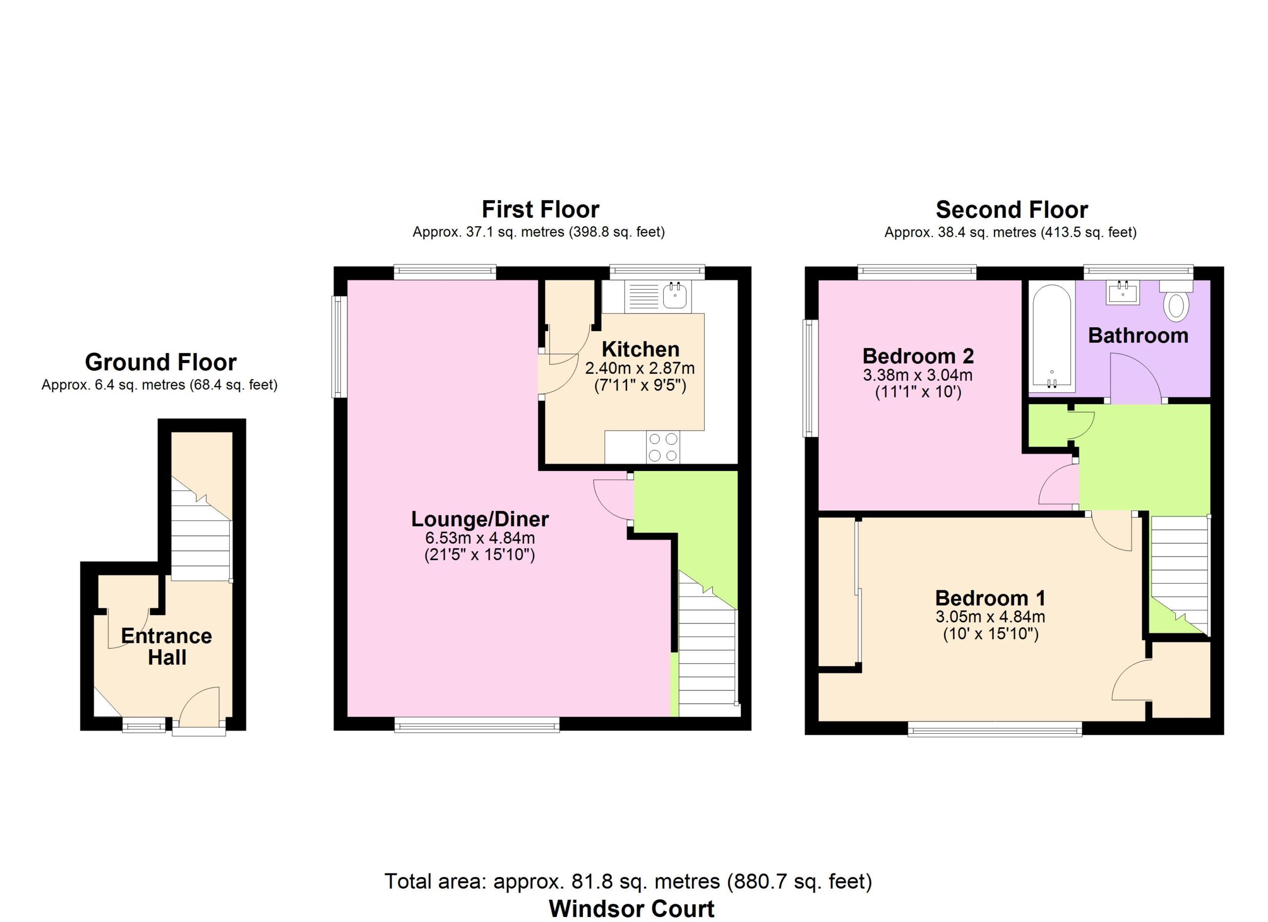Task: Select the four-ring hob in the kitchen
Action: [663, 447]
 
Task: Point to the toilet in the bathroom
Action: [1176, 301]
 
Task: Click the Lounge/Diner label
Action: [479, 519]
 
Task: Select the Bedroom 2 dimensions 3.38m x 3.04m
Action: [918, 374]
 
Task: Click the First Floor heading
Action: [540, 209]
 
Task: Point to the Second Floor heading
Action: [1011, 209]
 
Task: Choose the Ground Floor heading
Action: [160, 362]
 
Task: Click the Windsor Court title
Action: [632, 909]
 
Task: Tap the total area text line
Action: [628, 881]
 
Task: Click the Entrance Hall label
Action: [166, 647]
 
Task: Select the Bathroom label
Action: [1138, 335]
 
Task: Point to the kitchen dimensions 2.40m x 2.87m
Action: [639, 368]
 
